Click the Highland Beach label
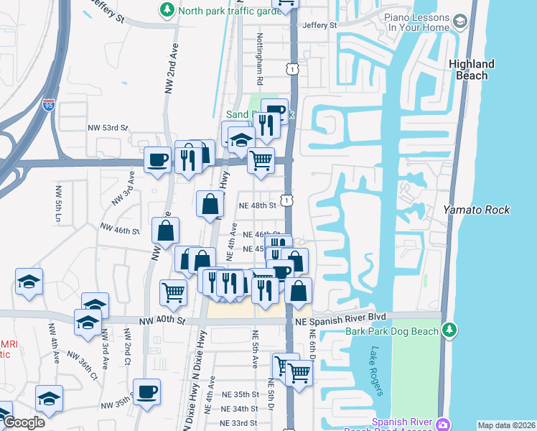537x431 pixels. click(471, 70)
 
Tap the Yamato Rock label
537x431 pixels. click(476, 210)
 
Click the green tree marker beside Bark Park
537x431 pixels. click(449, 330)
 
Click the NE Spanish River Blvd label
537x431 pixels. click(341, 317)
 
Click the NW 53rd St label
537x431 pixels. click(108, 128)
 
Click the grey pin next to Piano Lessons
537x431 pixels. click(460, 24)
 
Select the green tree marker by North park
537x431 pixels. click(167, 9)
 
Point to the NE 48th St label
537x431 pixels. click(258, 205)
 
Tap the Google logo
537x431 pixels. click(24, 422)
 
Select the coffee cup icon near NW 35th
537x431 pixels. click(147, 391)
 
